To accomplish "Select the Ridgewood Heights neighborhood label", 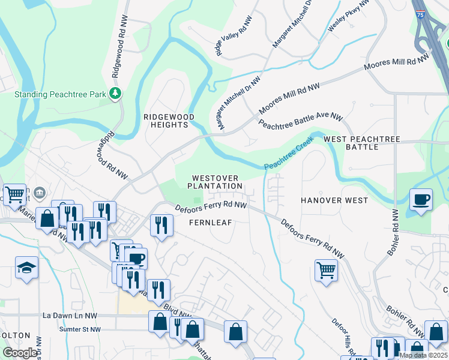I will tap(165, 121).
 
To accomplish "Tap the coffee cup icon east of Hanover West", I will tap(421, 200).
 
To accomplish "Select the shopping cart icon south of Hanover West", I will tap(326, 270).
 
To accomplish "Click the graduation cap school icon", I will tap(26, 268).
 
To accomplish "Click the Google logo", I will tap(20, 352).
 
